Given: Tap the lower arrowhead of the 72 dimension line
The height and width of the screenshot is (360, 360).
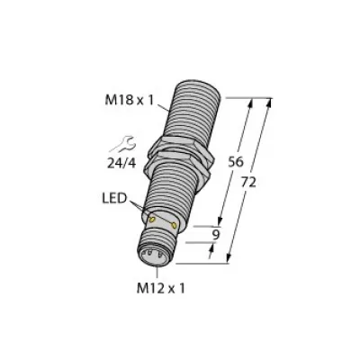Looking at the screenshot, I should click(x=232, y=262).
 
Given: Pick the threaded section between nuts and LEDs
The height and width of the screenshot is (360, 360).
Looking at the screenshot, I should click(x=171, y=193).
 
